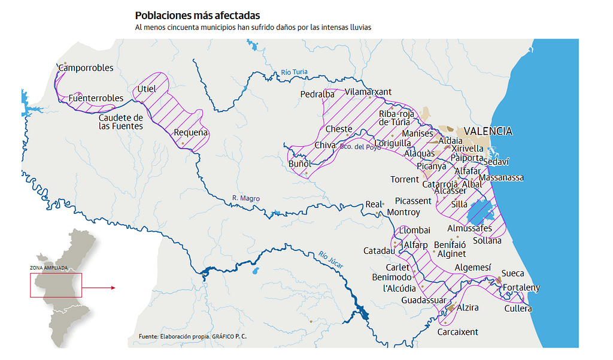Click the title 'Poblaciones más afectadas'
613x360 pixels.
198,15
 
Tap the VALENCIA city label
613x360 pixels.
488,131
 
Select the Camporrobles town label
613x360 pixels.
86,68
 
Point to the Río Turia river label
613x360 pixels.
294,72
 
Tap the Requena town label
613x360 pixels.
190,132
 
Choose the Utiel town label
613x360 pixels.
146,89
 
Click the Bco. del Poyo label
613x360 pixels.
360,146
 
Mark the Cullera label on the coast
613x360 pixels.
518,308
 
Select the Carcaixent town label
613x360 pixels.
457,332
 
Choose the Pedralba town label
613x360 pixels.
317,94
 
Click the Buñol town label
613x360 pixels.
299,164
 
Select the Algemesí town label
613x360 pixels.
472,268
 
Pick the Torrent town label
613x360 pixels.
405,179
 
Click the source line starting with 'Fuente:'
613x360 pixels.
192,337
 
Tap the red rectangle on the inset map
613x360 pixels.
55,285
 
